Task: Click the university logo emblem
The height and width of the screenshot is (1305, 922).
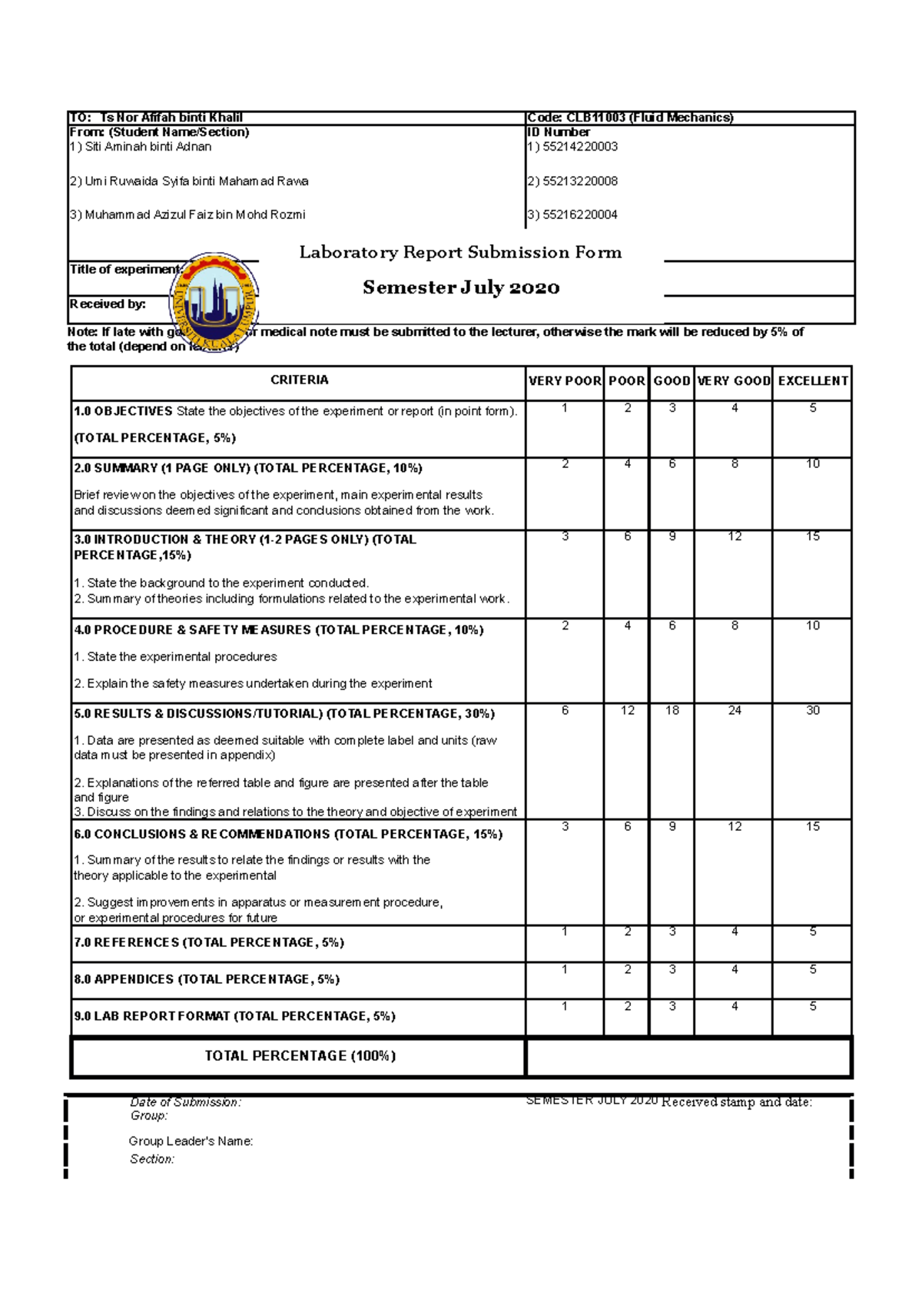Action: point(214,302)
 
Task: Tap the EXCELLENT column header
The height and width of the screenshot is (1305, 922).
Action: point(812,381)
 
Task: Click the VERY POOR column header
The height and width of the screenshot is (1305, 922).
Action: point(565,381)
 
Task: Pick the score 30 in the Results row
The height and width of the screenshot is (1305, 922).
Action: point(812,711)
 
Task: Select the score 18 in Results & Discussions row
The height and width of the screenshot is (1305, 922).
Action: point(672,711)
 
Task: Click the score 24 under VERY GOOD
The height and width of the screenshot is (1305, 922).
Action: point(735,711)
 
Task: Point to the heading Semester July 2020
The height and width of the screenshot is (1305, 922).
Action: point(461,288)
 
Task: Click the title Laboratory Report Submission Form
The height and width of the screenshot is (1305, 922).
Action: point(460,253)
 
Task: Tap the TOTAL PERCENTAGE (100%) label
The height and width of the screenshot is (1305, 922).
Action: point(300,1056)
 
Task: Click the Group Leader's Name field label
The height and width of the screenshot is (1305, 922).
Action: point(191,1141)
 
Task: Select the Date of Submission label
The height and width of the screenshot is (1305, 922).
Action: point(185,1102)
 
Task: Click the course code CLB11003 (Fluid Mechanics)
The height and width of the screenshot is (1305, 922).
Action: point(630,118)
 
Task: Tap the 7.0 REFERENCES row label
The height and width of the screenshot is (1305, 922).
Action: point(209,943)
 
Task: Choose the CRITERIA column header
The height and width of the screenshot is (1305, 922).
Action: point(299,380)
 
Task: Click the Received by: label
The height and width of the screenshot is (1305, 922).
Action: point(108,304)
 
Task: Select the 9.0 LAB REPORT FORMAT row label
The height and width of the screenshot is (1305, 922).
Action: point(234,1016)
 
